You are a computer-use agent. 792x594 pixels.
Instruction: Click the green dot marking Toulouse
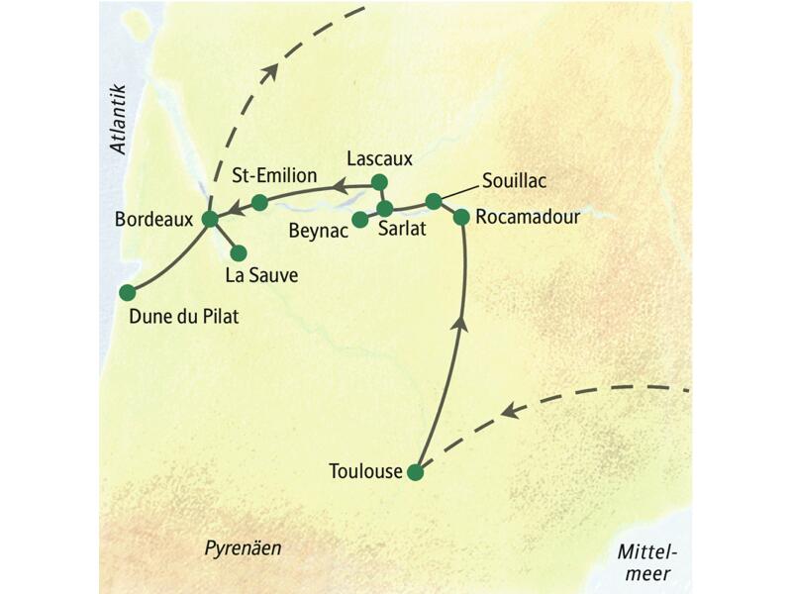(x=416, y=472)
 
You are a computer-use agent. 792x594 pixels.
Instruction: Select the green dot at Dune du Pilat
(x=127, y=292)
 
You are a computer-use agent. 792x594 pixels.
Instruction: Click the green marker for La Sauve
(x=239, y=252)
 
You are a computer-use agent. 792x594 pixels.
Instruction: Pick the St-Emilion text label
(x=274, y=176)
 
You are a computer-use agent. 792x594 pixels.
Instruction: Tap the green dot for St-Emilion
(x=259, y=202)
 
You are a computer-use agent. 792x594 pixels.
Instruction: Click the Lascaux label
(x=379, y=157)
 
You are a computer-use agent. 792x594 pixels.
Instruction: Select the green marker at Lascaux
(x=378, y=182)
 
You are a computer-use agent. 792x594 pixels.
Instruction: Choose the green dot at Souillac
(x=433, y=201)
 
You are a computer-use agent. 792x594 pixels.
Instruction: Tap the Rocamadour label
(x=526, y=216)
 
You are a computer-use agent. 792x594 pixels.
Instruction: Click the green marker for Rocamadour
(x=460, y=217)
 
